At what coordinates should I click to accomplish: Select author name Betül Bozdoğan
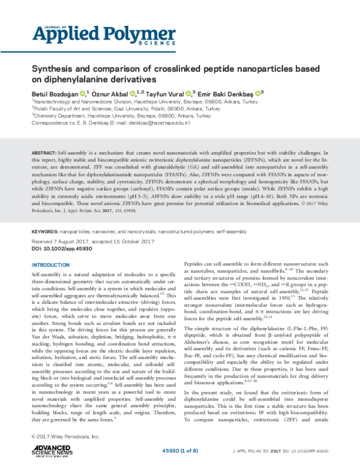click(56, 93)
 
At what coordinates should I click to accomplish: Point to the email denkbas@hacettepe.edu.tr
click(159, 123)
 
